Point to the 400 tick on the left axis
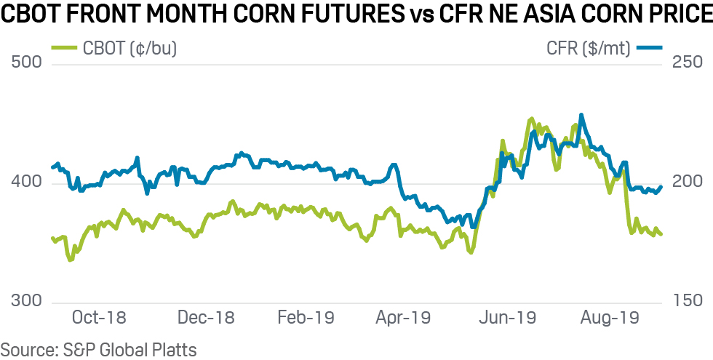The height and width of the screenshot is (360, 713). point(28,183)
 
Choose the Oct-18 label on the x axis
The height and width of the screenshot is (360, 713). point(100,318)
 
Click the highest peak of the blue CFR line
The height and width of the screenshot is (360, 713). point(581,115)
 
